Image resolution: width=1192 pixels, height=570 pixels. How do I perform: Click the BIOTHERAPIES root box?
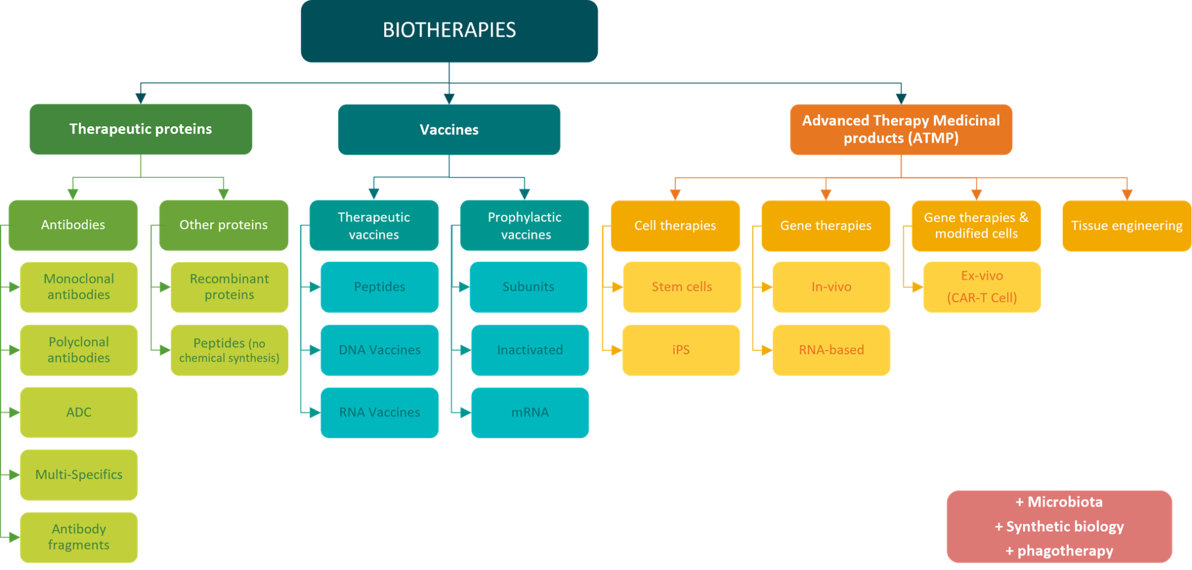click(x=449, y=30)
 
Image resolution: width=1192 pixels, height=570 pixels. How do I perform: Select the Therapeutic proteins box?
click(x=141, y=129)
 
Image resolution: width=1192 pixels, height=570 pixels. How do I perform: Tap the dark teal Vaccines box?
click(x=449, y=129)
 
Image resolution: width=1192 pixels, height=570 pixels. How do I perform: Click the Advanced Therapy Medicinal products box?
click(x=901, y=129)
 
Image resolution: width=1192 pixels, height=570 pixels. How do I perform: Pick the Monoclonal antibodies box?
click(x=79, y=287)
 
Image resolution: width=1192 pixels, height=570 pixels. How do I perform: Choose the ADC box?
click(x=79, y=412)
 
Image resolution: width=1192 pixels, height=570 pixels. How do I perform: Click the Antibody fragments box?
click(x=79, y=537)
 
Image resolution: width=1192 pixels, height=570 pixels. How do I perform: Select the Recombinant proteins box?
click(x=229, y=287)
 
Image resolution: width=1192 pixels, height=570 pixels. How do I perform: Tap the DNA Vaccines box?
click(x=379, y=350)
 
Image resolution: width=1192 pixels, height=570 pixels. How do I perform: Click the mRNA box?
click(x=530, y=412)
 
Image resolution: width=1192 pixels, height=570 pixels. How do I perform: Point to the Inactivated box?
click(x=530, y=350)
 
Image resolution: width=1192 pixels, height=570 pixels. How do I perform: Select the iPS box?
click(x=681, y=350)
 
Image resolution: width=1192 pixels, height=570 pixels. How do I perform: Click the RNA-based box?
click(x=831, y=350)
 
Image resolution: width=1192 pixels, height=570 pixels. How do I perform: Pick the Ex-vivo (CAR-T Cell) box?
click(x=982, y=287)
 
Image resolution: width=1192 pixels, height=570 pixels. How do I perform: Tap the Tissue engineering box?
click(x=1127, y=226)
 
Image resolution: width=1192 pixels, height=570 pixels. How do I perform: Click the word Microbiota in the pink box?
click(x=1065, y=502)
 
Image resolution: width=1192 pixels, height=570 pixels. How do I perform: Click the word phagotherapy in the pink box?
click(x=1065, y=551)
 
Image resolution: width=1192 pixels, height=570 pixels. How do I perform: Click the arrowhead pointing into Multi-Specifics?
click(x=14, y=475)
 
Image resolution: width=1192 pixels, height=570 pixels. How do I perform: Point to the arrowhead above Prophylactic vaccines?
click(x=524, y=194)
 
